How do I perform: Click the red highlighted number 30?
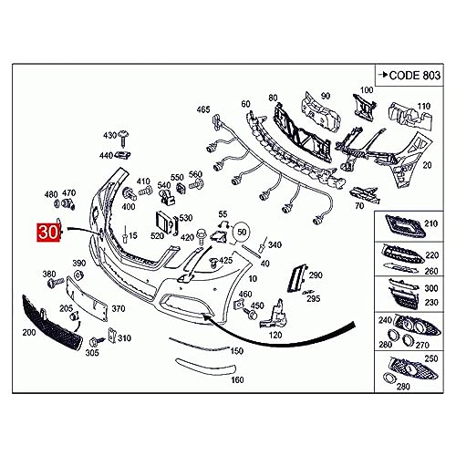coord(48,233)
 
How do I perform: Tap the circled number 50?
coord(241,233)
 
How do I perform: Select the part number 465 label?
coord(202,109)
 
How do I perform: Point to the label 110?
coord(422,106)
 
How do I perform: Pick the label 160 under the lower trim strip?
coord(238,379)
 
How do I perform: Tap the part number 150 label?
coord(238,350)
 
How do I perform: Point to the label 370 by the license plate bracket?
coord(118,309)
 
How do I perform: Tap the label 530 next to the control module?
coord(185,218)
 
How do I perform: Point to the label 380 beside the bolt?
coord(49,274)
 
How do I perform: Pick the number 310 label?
coord(124,338)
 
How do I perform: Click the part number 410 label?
coord(143,181)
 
